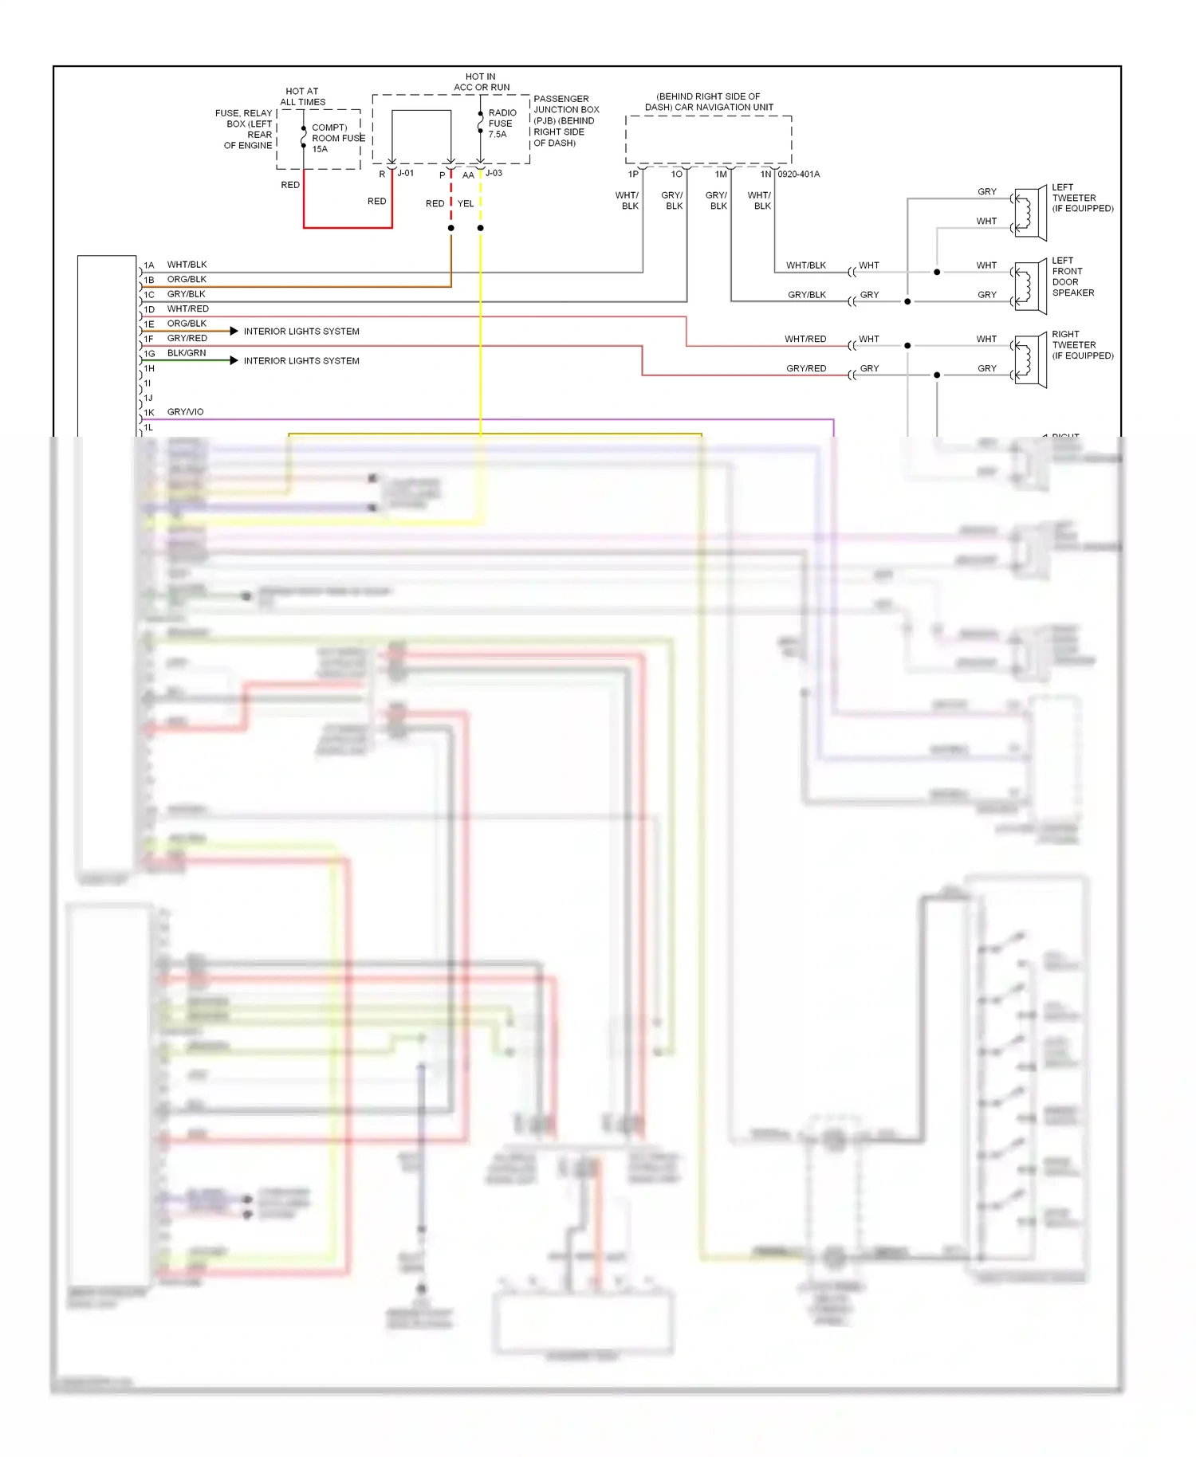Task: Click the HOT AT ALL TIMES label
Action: click(302, 96)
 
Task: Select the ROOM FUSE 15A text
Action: click(338, 138)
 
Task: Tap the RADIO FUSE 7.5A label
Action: click(502, 124)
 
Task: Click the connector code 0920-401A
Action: click(798, 174)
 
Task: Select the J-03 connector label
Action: click(494, 173)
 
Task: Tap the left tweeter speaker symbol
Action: click(1029, 213)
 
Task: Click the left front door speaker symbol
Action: click(1029, 286)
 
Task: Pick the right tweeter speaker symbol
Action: click(1029, 360)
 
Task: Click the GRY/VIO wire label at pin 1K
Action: click(185, 412)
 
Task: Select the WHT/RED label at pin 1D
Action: click(187, 308)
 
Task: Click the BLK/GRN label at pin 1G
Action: click(187, 353)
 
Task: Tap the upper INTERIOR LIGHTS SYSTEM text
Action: click(301, 332)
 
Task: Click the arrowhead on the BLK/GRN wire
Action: click(234, 361)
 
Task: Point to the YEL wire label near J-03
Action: click(466, 203)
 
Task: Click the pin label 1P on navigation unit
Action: click(633, 174)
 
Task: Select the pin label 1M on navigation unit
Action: click(721, 174)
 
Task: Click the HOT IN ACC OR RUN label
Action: click(482, 82)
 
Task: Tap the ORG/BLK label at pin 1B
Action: click(187, 279)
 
